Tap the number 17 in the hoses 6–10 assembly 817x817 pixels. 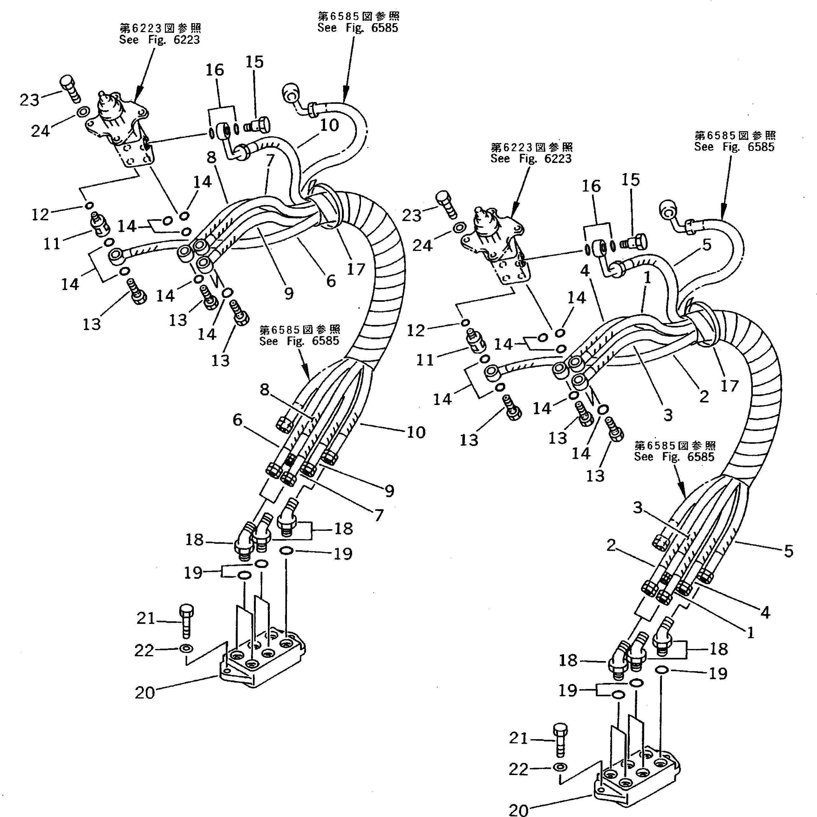356,269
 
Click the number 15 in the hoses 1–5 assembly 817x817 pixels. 630,180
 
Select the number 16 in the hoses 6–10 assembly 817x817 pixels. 214,70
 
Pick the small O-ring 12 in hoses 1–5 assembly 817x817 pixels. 465,323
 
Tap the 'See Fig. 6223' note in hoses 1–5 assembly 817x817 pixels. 531,153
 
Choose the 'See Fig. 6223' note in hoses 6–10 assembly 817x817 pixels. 160,34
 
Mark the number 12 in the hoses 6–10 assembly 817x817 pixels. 40,214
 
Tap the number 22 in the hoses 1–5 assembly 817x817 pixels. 518,769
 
